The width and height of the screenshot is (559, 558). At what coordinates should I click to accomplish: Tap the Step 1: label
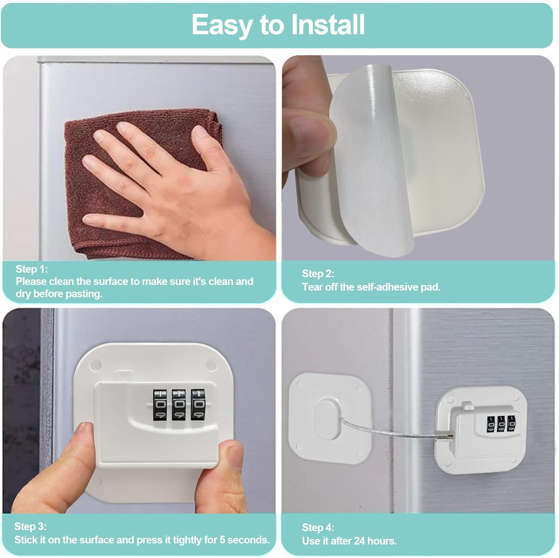click(32, 269)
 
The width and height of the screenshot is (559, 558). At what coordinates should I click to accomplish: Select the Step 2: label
click(318, 274)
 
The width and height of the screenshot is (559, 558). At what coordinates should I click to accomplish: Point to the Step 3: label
click(30, 526)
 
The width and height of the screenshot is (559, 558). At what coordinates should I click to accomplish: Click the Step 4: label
click(318, 527)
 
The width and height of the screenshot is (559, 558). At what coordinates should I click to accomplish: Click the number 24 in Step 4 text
click(360, 541)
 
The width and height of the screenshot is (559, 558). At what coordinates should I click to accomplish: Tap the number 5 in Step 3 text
click(221, 540)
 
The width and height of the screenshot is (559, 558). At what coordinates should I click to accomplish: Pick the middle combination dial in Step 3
click(179, 405)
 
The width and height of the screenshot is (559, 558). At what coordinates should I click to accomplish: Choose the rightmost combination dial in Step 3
click(198, 405)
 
